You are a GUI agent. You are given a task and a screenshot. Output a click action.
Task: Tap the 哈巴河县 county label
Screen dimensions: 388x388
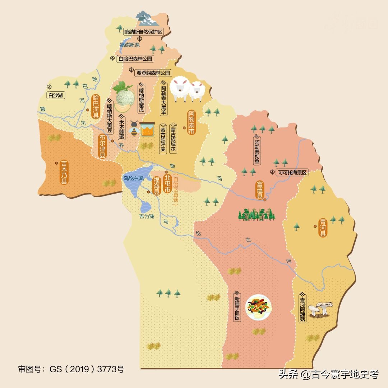96,107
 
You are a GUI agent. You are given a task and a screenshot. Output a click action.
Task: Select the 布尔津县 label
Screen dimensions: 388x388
102,147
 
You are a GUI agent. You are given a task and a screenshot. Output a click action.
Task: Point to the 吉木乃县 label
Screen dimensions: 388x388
64,172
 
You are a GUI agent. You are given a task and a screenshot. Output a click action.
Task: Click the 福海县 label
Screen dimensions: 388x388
157,185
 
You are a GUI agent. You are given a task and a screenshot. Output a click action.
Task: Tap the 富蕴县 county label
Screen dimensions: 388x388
260,190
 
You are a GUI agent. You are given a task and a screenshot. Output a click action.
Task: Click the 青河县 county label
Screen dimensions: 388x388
323,227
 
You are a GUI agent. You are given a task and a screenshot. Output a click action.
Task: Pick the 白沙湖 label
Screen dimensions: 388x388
56,95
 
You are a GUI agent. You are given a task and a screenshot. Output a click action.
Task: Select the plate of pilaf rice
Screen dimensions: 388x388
259,307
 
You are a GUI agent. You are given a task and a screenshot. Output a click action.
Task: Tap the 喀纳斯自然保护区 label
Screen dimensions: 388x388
143,32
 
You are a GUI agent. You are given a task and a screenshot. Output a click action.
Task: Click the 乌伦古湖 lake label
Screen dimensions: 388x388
133,178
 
